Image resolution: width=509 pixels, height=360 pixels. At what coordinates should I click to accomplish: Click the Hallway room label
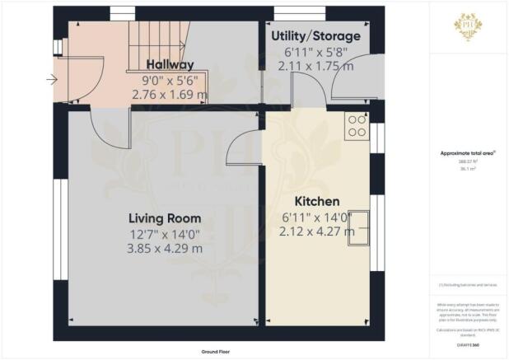170,64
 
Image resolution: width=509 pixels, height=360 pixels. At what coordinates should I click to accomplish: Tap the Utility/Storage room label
315,37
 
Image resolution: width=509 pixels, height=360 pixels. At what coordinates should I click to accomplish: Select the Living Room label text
165,218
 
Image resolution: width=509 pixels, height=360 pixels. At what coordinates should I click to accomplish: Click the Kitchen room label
317,201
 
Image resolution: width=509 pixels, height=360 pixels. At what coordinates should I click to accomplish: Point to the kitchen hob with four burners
357,125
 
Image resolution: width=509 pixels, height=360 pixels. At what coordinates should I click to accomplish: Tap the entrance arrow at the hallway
52,80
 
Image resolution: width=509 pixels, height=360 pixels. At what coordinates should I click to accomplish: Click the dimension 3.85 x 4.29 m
164,248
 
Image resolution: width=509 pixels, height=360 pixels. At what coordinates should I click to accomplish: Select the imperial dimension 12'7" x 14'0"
165,233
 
